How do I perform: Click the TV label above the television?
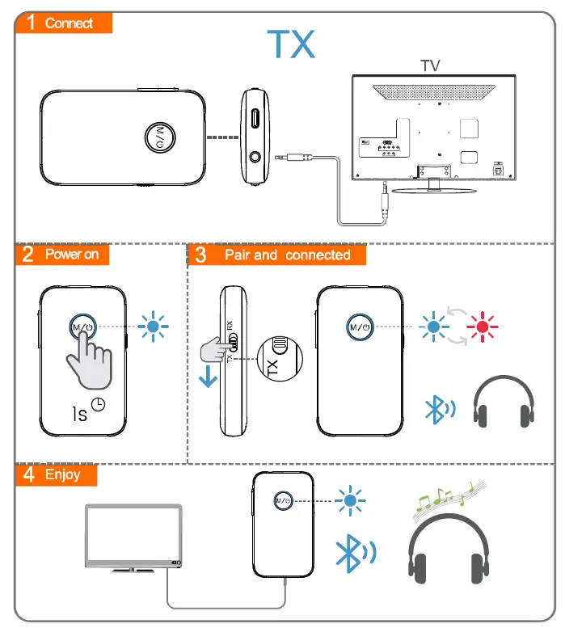click(x=430, y=65)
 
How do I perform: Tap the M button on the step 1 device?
click(x=160, y=137)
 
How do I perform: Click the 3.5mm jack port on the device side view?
click(x=257, y=156)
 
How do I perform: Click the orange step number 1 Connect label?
click(x=63, y=23)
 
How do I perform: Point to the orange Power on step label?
click(x=62, y=255)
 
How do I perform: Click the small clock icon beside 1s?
click(x=99, y=405)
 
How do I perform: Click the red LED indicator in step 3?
click(x=483, y=327)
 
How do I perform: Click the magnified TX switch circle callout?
click(x=276, y=359)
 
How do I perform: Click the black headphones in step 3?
click(x=504, y=402)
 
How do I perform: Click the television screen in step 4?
click(x=133, y=533)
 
